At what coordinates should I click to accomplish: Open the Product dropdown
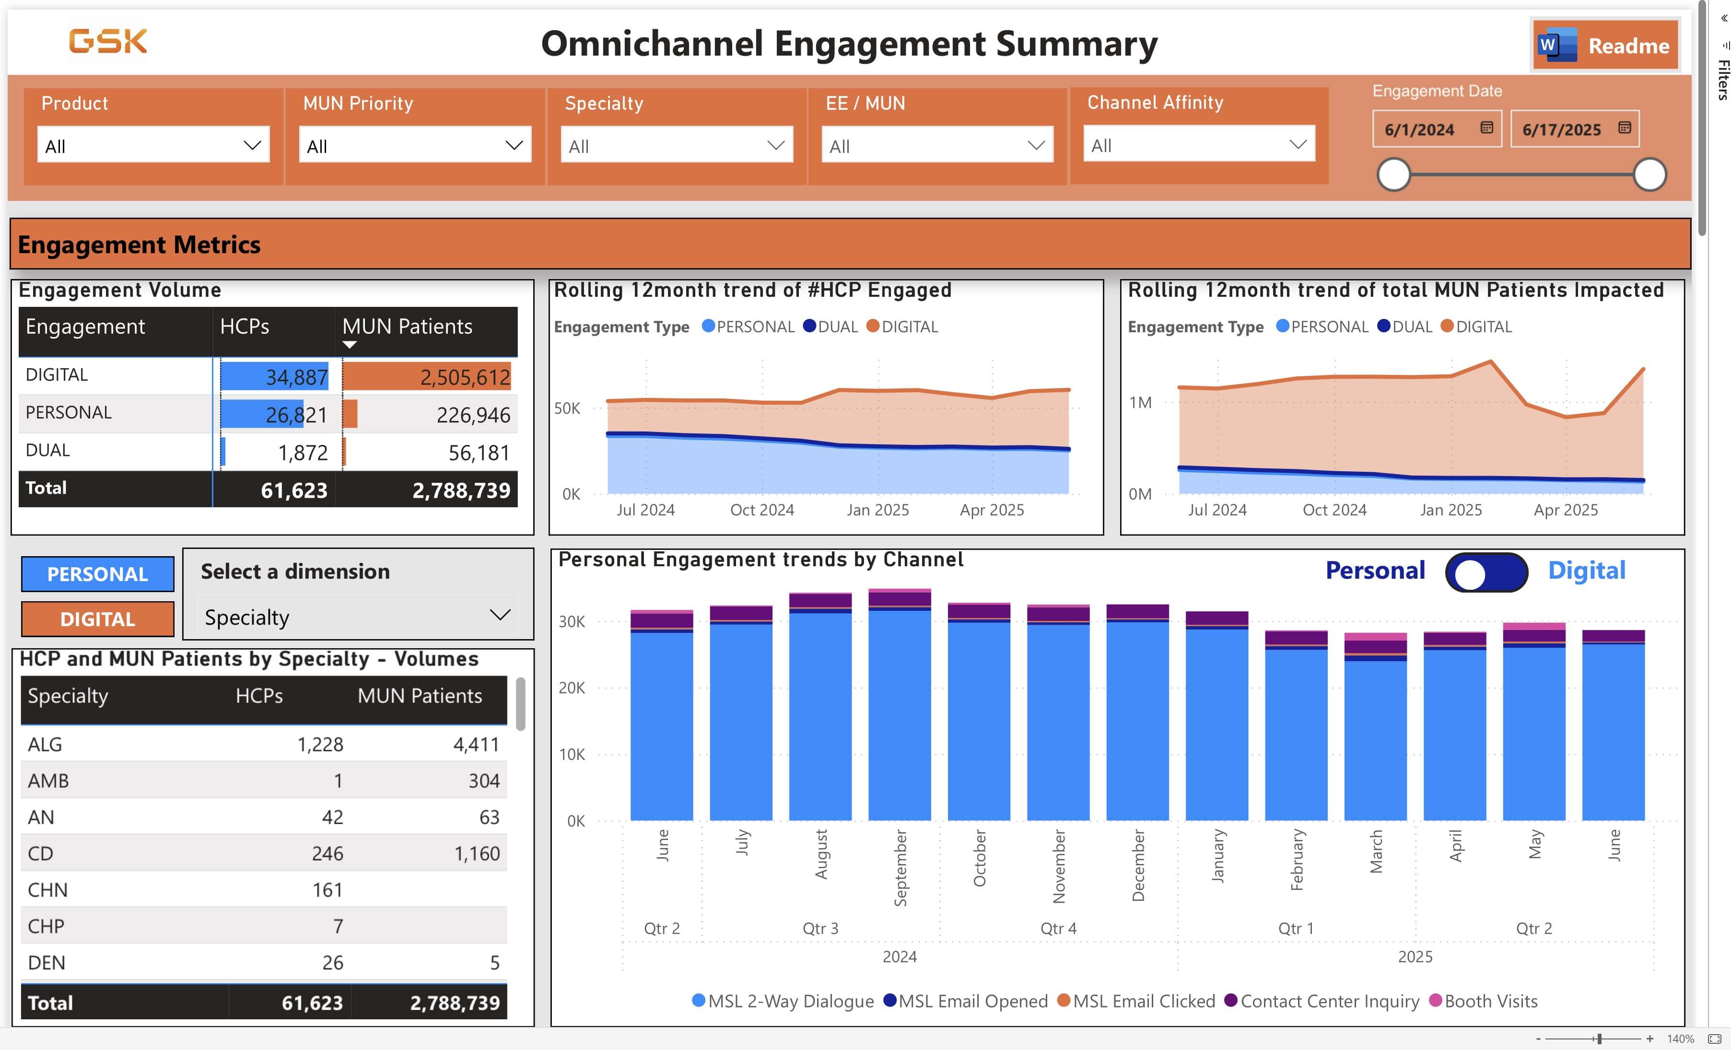pyautogui.click(x=153, y=145)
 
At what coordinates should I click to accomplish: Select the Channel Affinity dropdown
pyautogui.click(x=1198, y=145)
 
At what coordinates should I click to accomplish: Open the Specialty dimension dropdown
pyautogui.click(x=358, y=617)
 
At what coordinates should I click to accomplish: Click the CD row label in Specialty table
pyautogui.click(x=41, y=853)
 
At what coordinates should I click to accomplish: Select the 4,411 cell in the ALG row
pyautogui.click(x=476, y=745)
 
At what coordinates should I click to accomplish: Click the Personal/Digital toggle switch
pyautogui.click(x=1486, y=572)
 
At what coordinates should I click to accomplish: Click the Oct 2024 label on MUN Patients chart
pyautogui.click(x=1334, y=510)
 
